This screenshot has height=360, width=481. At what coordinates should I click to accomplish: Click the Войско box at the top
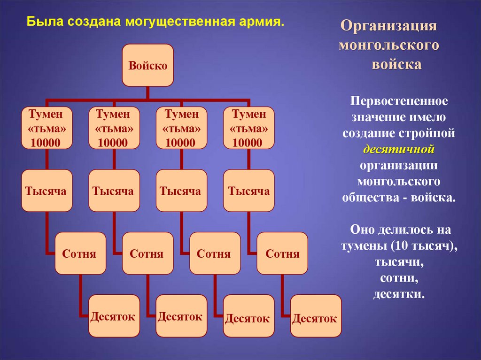148,65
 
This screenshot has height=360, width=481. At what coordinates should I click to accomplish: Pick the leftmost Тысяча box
46,191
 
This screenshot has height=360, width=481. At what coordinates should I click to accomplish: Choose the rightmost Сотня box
282,253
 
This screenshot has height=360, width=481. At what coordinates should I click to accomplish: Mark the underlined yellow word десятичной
399,149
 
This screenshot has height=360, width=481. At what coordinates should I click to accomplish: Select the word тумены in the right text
363,246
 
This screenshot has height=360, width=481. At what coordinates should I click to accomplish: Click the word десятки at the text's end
399,294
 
